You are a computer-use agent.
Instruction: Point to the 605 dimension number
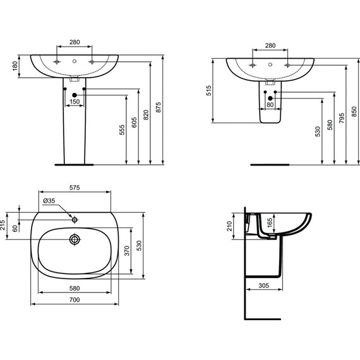click(134, 123)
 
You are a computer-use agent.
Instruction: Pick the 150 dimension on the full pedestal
click(75, 102)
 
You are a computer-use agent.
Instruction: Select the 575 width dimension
click(75, 188)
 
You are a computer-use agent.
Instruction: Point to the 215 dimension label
click(3, 226)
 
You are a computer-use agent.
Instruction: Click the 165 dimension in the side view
click(270, 222)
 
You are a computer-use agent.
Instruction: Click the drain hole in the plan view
click(75, 240)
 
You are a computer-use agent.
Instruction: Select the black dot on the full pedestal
click(75, 95)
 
